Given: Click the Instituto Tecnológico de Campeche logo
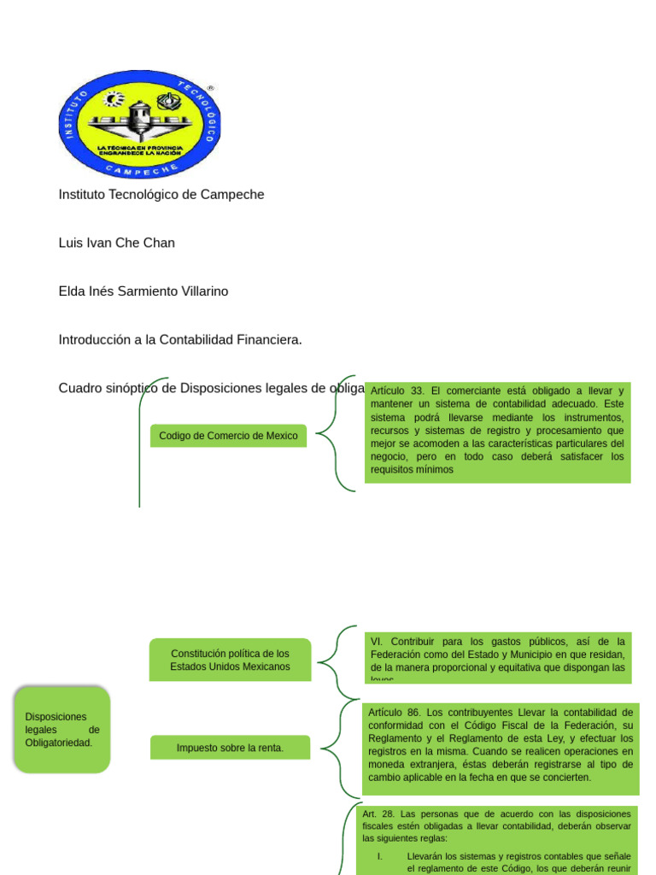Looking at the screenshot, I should coord(139,123).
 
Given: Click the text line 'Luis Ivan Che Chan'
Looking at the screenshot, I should coord(116,243).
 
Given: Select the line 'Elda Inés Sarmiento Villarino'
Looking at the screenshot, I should coord(143,291).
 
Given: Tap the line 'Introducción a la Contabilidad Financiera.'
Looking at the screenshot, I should coord(180,340).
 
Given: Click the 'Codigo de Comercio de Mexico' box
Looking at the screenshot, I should coord(228,436).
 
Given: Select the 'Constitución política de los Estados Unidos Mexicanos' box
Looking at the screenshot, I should coord(230,660).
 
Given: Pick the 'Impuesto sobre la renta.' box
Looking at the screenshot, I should coord(230,748).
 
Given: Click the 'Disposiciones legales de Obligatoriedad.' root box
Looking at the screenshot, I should coord(62,730).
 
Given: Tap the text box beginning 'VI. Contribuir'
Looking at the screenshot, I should coord(497,658).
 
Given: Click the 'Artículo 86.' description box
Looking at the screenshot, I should coord(500,744).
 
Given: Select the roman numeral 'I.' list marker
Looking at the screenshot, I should coord(381,855).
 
